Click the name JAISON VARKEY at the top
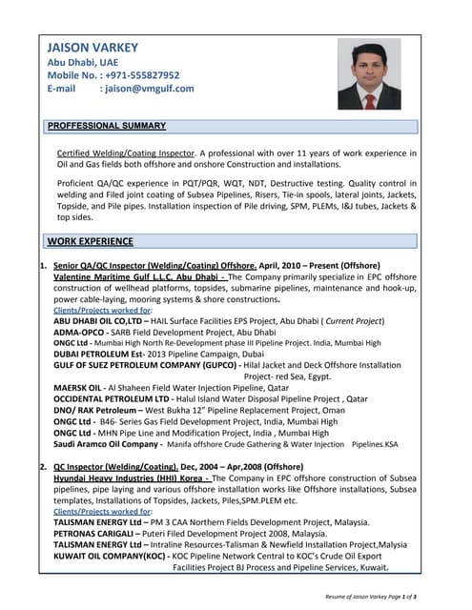[92, 48]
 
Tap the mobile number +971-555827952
[140, 74]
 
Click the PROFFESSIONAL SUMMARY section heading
[107, 126]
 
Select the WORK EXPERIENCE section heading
[91, 242]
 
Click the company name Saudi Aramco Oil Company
[106, 444]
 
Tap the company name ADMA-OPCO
[80, 332]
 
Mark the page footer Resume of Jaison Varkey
[370, 595]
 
